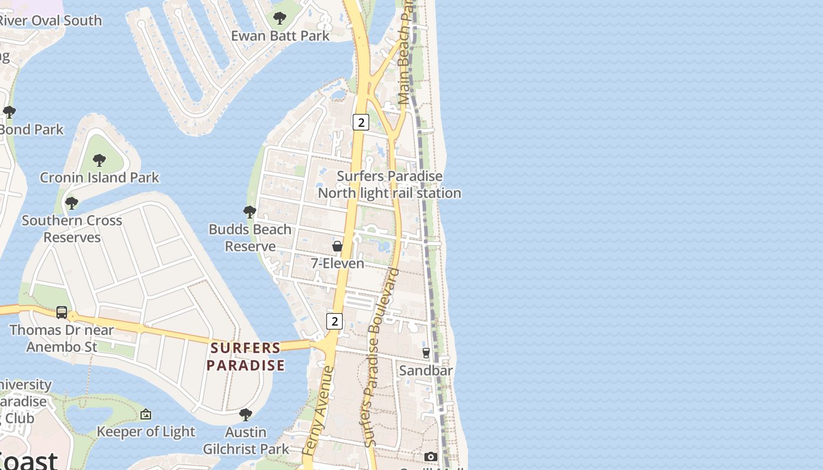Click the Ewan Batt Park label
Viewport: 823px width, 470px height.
coord(280,36)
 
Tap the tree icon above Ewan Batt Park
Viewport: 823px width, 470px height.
coord(280,18)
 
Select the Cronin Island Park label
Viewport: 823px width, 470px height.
coord(99,177)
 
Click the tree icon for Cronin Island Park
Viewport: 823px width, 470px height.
coord(99,159)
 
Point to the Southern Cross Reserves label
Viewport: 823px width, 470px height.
coord(72,229)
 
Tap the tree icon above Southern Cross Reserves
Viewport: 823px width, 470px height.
coord(72,203)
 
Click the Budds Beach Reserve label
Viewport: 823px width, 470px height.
coord(250,237)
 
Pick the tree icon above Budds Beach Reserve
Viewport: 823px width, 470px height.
coord(250,211)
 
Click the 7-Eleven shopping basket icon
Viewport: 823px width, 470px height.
coord(337,246)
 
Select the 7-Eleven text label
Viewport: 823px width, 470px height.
coord(337,263)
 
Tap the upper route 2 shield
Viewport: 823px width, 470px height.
coord(360,122)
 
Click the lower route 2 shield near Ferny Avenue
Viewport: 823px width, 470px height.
coord(334,321)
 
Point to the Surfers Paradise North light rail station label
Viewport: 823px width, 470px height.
coord(389,184)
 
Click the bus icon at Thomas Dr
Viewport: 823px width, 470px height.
coord(62,313)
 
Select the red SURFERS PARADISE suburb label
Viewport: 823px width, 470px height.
coord(246,357)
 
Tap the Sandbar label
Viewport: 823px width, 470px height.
coord(426,371)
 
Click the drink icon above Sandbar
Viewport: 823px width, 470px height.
coord(426,353)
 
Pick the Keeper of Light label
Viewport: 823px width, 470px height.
coord(146,432)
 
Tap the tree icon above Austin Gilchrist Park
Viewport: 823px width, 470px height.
coord(246,415)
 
